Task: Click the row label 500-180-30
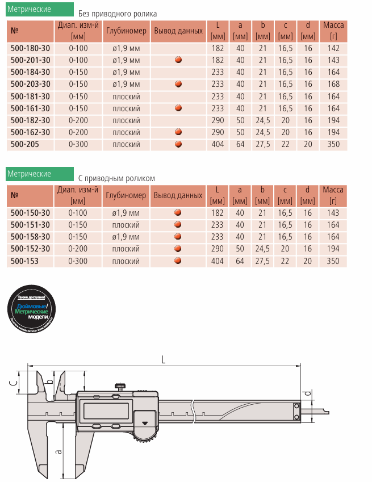[30, 48]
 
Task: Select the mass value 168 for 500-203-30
[333, 84]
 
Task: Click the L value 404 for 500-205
[218, 144]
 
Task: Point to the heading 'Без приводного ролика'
[118, 14]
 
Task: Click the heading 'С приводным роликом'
[116, 178]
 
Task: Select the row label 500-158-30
[30, 237]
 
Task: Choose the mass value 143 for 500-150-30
[333, 213]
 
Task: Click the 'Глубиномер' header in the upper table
[126, 31]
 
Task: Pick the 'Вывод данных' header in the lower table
[178, 195]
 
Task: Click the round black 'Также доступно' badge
[32, 310]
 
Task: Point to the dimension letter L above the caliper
[164, 359]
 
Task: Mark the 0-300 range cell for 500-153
[78, 261]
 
